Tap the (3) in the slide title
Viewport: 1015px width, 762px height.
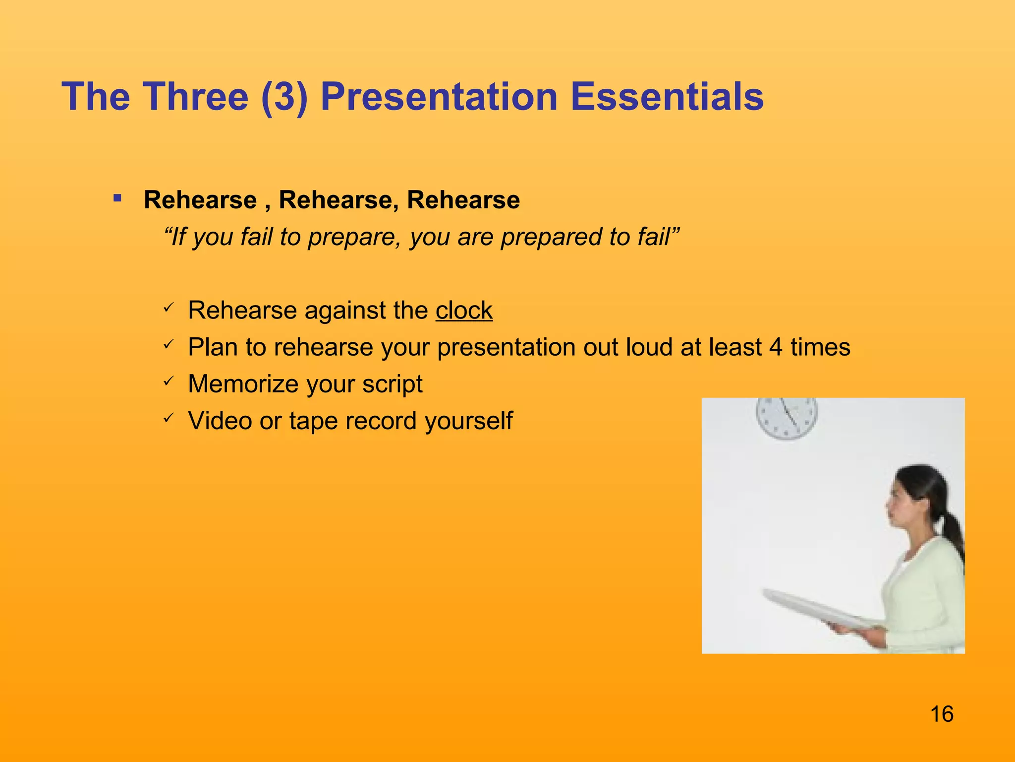click(x=284, y=97)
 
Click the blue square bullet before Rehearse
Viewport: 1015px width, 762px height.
click(x=117, y=199)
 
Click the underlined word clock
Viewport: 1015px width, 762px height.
click(x=464, y=311)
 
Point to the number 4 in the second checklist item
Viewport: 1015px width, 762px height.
click(x=776, y=347)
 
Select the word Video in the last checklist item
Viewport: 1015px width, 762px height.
click(x=220, y=421)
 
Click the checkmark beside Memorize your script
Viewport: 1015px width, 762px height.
click(x=168, y=381)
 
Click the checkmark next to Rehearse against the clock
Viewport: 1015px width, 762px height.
click(x=168, y=308)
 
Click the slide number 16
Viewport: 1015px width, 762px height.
click(x=942, y=714)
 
